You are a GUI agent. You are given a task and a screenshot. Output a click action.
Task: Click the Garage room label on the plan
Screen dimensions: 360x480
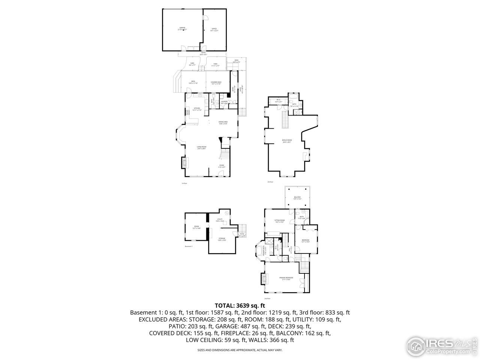pyautogui.click(x=182, y=28)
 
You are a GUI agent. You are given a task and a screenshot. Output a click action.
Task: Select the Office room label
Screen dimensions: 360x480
pyautogui.click(x=214, y=29)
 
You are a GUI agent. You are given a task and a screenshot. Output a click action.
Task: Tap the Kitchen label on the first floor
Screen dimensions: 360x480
pyautogui.click(x=197, y=109)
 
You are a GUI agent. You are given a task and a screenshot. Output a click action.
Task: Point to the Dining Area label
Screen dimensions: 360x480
pyautogui.click(x=223, y=122)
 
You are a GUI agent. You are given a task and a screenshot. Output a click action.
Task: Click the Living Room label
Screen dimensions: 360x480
pyautogui.click(x=202, y=147)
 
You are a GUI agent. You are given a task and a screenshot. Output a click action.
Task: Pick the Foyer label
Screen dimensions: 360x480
pyautogui.click(x=222, y=165)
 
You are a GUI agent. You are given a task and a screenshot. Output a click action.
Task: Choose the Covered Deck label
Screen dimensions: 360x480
pyautogui.click(x=216, y=82)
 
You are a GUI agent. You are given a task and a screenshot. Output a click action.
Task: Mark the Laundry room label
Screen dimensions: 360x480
pyautogui.click(x=224, y=102)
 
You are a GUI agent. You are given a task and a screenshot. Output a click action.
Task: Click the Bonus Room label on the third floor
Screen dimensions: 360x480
pyautogui.click(x=287, y=141)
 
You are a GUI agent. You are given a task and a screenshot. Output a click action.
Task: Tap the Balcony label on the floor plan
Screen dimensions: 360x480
pyautogui.click(x=297, y=198)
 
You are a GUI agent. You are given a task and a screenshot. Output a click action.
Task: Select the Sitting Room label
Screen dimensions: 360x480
pyautogui.click(x=279, y=221)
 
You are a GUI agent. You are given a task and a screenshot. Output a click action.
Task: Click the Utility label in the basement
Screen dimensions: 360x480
pyautogui.click(x=220, y=220)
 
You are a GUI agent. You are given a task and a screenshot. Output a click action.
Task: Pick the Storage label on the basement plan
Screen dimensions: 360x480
pyautogui.click(x=222, y=239)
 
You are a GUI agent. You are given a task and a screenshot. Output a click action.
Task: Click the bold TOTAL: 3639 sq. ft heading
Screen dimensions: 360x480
pyautogui.click(x=240, y=305)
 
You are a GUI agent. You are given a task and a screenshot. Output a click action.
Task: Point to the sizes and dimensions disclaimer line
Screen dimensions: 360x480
pyautogui.click(x=240, y=350)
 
